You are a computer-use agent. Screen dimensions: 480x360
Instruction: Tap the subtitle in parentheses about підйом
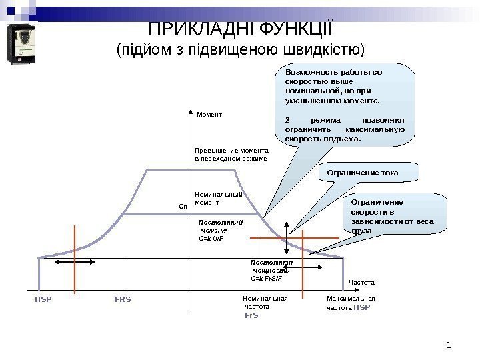241,51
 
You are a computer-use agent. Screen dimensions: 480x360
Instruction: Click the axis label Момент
209,115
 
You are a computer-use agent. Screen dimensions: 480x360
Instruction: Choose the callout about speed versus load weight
393,215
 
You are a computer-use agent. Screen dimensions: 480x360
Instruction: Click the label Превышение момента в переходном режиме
231,155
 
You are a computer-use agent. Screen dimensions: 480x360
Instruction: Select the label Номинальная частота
265,303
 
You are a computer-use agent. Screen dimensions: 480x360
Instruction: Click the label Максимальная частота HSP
351,303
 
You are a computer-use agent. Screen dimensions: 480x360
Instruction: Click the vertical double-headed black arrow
287,237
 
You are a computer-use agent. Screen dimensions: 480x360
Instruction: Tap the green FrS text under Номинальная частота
251,315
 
